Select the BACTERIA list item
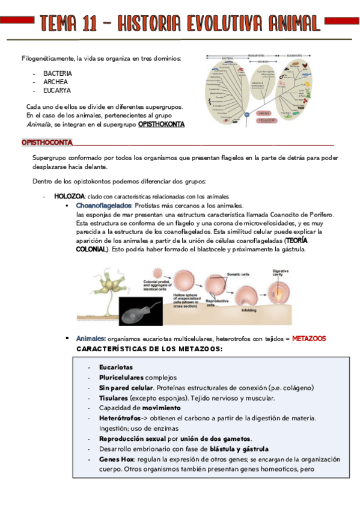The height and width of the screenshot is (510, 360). (58, 73)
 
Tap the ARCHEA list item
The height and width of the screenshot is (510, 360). (55, 81)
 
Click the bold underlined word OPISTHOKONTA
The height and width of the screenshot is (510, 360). (161, 124)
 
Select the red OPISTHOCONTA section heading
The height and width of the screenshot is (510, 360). (47, 143)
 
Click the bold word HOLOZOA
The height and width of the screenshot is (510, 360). (70, 196)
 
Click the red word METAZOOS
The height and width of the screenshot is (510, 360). (309, 339)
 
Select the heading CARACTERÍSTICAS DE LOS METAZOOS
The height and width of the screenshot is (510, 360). (150, 349)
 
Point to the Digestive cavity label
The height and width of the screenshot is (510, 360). (281, 273)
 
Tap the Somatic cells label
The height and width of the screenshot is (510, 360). (237, 274)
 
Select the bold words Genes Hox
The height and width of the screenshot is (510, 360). (117, 459)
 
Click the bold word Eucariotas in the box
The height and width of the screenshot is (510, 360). (116, 367)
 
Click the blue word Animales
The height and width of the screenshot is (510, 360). (91, 339)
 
